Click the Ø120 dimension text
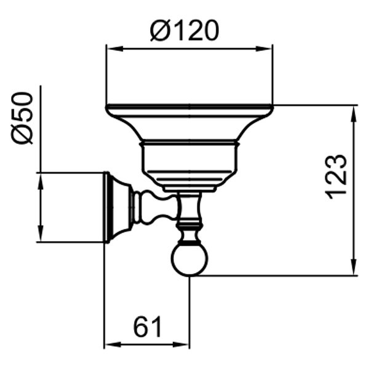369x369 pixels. (x=184, y=30)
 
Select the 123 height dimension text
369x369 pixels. (x=337, y=176)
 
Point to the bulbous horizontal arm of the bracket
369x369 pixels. (x=151, y=207)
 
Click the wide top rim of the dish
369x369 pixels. (x=189, y=109)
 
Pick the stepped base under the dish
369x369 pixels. (x=189, y=182)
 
